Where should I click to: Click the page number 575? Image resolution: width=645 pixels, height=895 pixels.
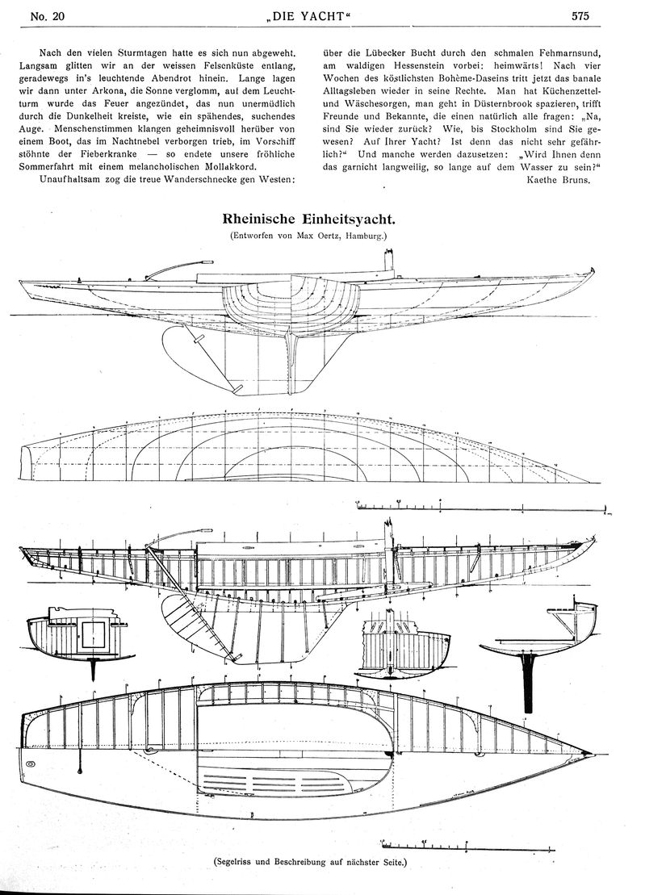[x=580, y=17]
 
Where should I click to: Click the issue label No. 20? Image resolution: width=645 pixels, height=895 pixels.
[x=48, y=17]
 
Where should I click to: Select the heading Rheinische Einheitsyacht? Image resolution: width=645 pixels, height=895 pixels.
[x=308, y=220]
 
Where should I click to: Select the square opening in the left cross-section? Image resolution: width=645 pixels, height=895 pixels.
[x=93, y=635]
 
